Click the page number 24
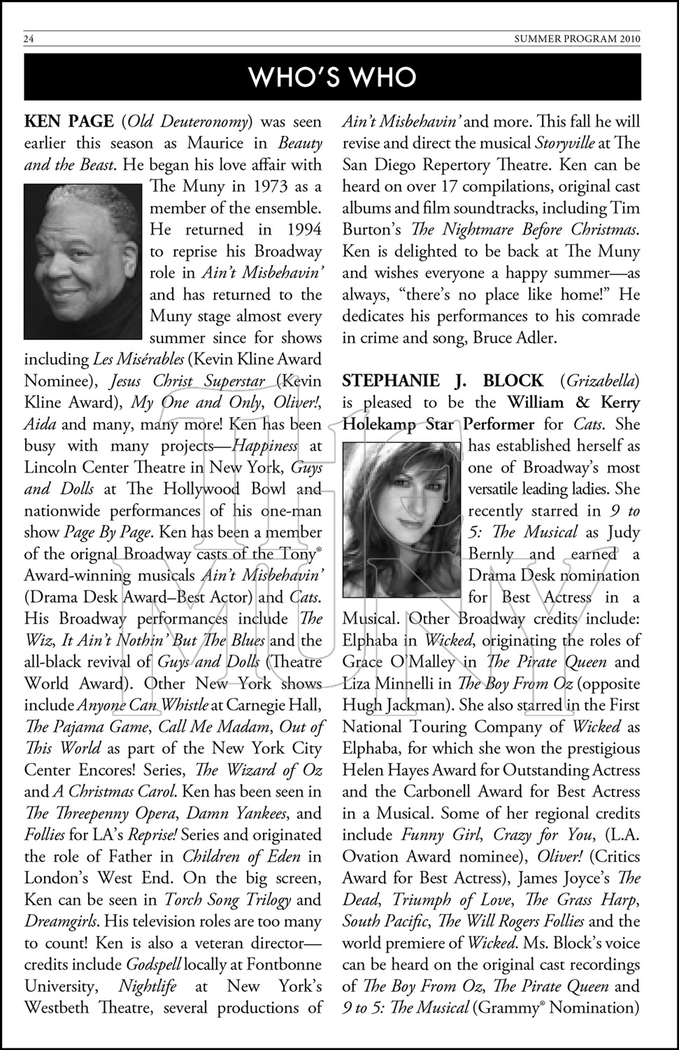[29, 39]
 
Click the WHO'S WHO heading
[333, 77]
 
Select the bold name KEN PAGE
[69, 122]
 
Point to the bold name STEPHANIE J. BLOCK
[443, 381]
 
